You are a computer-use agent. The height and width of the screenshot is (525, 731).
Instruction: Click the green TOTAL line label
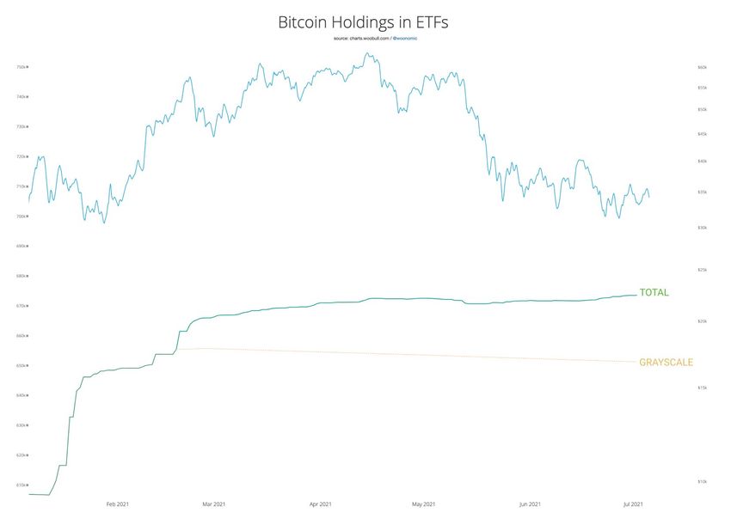[654, 293]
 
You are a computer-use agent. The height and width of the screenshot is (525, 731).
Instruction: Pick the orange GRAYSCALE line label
[666, 363]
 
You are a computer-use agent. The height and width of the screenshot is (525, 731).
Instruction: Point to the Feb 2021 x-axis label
[118, 504]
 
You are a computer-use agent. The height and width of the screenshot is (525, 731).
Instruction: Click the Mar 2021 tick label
[213, 504]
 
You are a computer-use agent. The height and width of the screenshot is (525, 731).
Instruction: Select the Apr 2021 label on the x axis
[320, 504]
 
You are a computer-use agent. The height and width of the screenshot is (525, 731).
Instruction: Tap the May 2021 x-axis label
[423, 504]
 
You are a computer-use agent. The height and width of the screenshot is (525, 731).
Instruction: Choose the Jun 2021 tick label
[530, 504]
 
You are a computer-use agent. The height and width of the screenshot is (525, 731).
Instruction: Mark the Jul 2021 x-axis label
[633, 504]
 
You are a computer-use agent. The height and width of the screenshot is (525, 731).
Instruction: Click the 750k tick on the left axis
[22, 67]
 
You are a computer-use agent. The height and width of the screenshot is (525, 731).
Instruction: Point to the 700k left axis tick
[22, 217]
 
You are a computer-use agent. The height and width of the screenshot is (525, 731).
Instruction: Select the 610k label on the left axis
[22, 485]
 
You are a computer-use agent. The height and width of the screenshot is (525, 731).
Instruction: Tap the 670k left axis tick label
[22, 306]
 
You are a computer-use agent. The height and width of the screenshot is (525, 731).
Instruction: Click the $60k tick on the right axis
[702, 67]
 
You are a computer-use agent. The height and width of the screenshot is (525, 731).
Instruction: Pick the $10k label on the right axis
[702, 482]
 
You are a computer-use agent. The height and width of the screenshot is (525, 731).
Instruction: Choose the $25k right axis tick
[702, 270]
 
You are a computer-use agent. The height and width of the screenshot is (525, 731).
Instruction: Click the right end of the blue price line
[649, 197]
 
